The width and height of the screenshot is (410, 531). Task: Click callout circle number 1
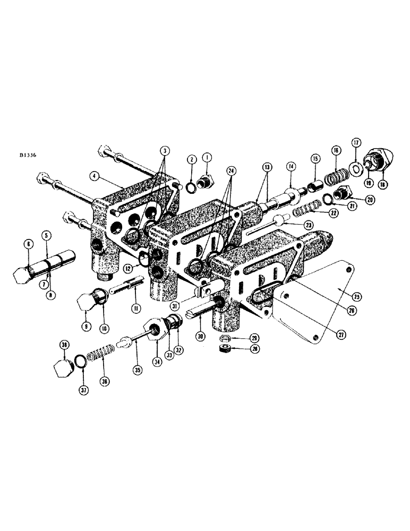click(207, 159)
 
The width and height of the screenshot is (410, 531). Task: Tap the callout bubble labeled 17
click(355, 142)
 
